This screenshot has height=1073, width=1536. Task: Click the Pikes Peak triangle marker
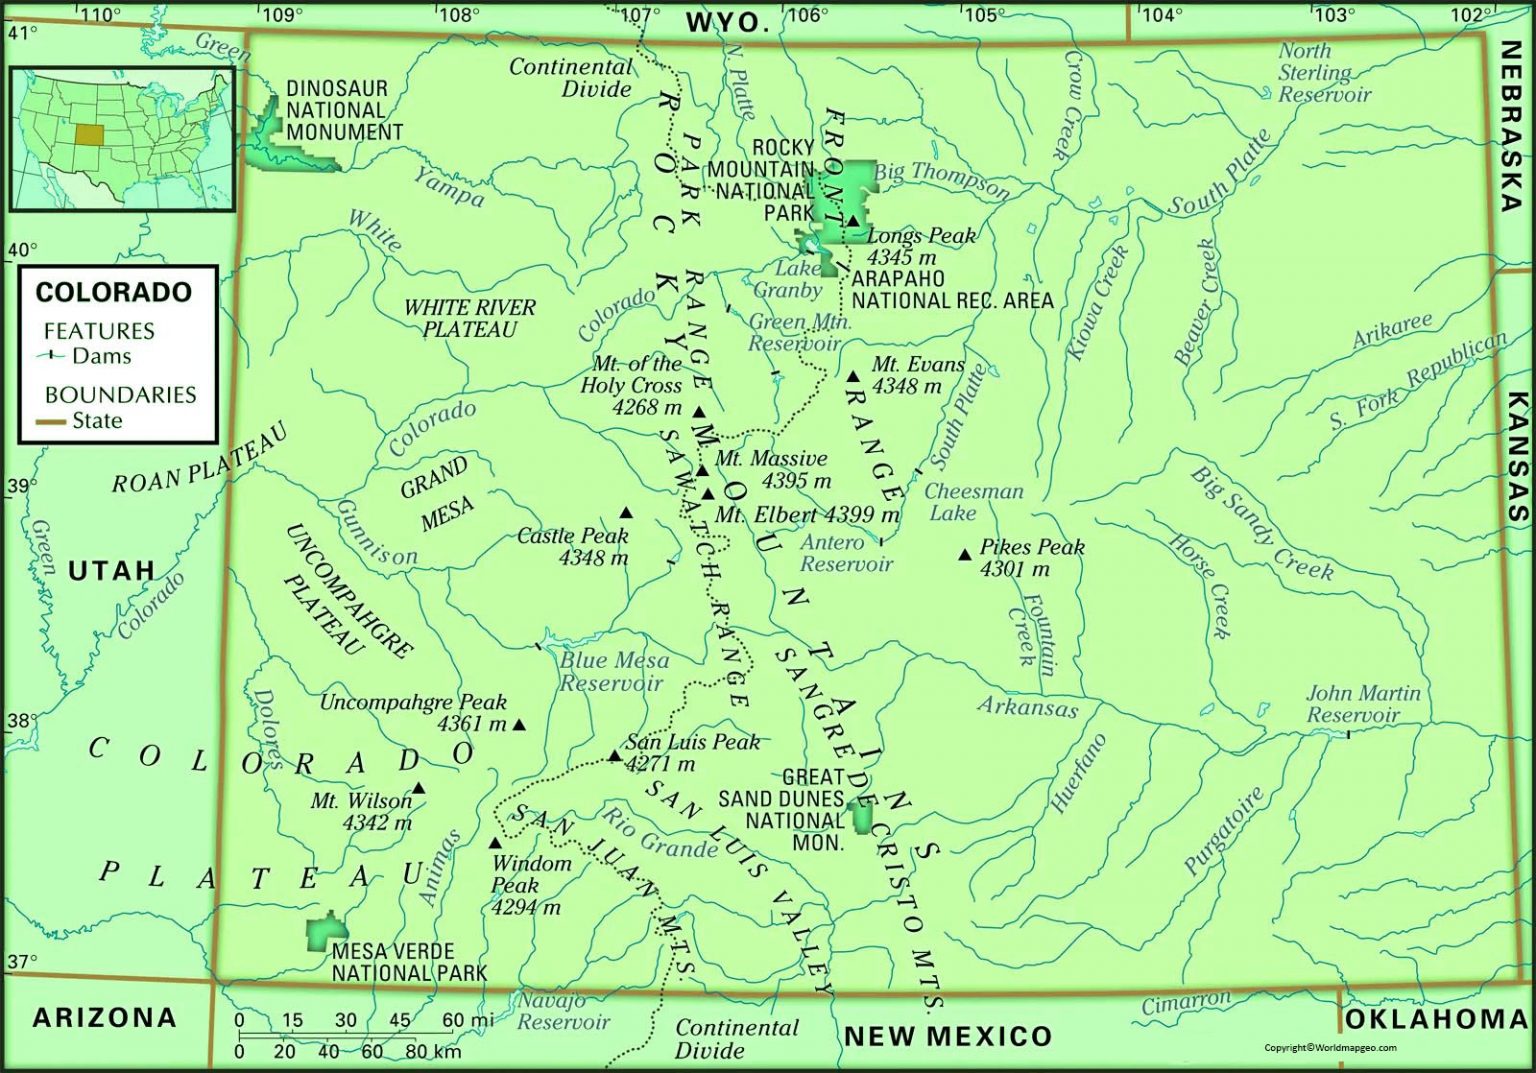[x=965, y=554]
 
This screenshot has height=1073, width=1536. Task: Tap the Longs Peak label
[x=921, y=236]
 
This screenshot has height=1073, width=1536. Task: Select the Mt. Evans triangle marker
[x=853, y=377]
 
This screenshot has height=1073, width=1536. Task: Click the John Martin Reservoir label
[x=1362, y=704]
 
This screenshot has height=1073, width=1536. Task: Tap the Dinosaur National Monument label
[x=344, y=110]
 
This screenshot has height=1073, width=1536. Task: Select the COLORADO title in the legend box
[x=113, y=292]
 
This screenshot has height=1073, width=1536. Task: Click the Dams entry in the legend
[x=100, y=356]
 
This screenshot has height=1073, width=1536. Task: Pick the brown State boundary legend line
[x=50, y=422]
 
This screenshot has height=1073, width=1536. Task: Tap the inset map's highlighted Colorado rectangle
[x=89, y=135]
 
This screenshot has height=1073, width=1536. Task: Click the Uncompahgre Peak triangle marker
[x=519, y=724]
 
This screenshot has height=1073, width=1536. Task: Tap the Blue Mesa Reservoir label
[x=614, y=672]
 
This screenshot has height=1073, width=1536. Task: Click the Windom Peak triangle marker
[x=495, y=843]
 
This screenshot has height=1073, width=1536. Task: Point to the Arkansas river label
[x=1027, y=707]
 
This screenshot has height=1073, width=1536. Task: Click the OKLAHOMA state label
[x=1434, y=1019]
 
